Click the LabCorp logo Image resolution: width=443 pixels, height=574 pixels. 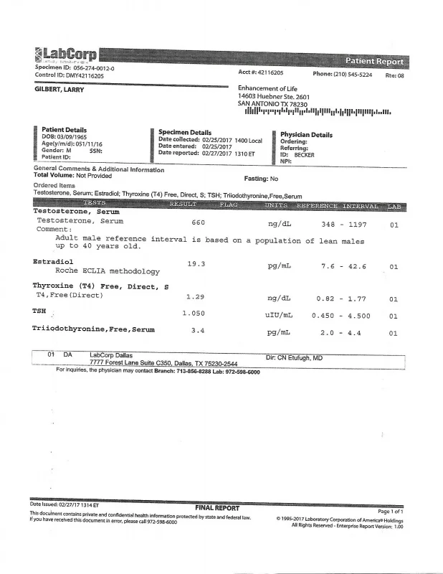pos(65,55)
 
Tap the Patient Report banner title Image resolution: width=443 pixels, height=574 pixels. pos(374,61)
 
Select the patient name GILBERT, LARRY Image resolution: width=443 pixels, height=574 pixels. pos(62,90)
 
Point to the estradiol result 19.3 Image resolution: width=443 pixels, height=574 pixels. pos(196,264)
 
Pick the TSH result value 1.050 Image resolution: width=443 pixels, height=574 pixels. pos(194,314)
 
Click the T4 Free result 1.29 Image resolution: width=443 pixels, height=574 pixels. pos(195,296)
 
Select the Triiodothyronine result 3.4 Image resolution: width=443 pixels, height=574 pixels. pos(199,331)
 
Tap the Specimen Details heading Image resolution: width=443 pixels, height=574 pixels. pos(185,133)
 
